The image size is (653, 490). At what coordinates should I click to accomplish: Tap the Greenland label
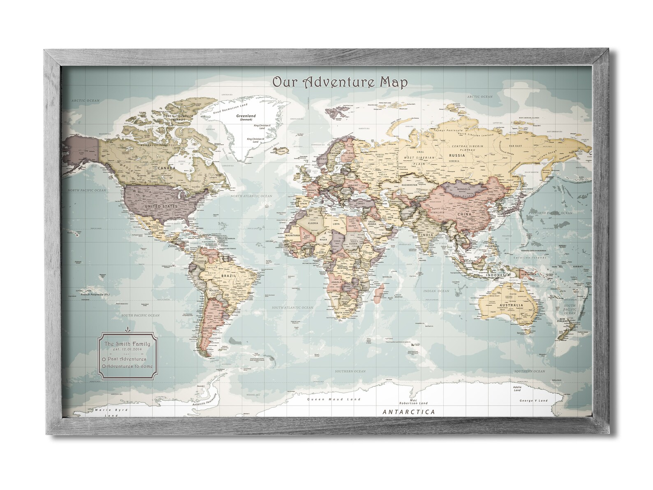246,116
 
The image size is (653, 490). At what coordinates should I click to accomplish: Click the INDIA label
426,235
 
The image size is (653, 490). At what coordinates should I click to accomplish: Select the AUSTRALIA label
511,305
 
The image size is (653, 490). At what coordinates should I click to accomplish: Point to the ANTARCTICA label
408,411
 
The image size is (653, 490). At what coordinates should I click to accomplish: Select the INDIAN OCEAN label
436,291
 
